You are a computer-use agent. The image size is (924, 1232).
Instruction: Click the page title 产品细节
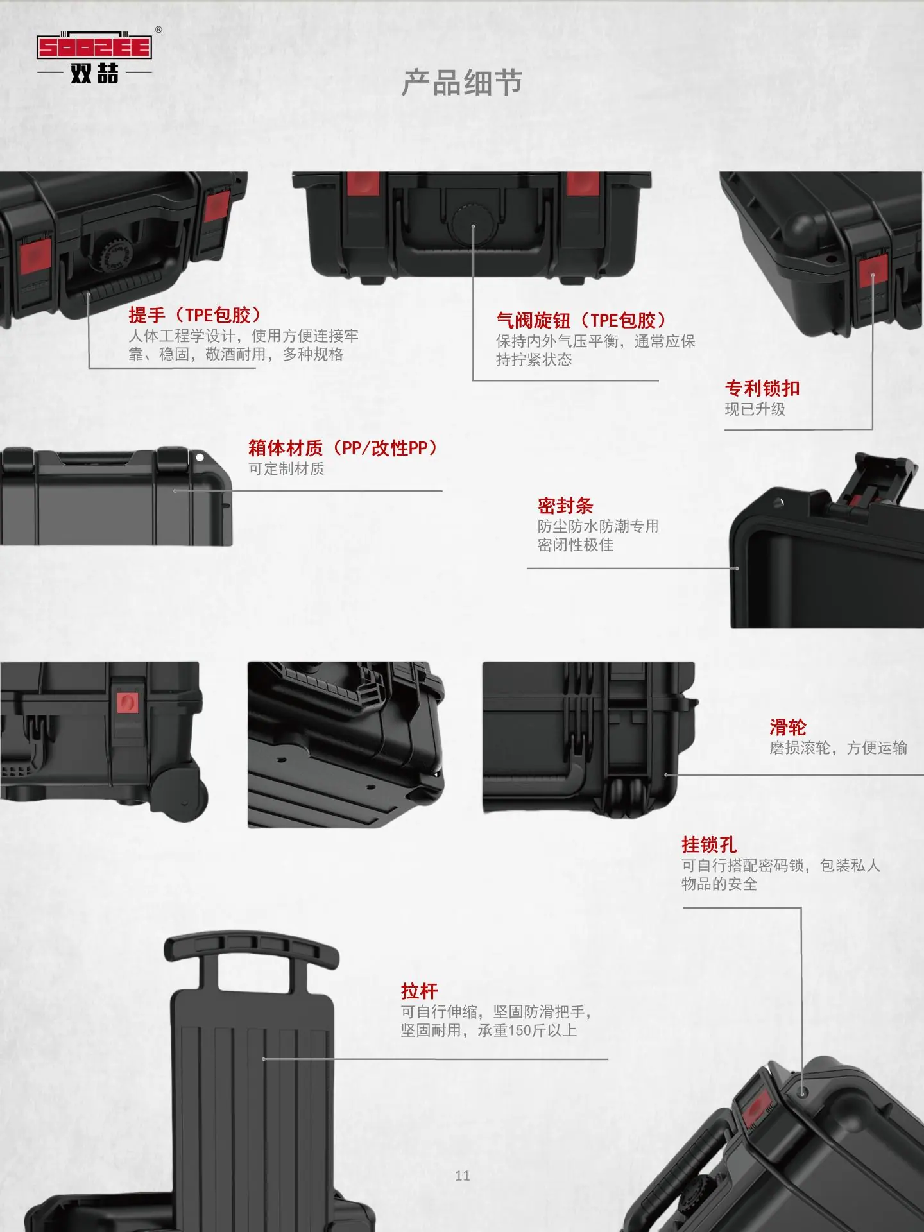point(462,83)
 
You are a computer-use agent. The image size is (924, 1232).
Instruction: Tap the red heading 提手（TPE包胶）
point(196,315)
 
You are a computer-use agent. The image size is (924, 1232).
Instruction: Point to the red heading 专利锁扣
point(762,388)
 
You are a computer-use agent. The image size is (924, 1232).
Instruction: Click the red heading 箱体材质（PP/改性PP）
point(344,448)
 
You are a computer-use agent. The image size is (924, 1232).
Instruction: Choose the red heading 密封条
point(565,506)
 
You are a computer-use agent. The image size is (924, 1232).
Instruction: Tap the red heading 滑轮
point(788,727)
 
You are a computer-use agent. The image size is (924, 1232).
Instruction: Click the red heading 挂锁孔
point(709,844)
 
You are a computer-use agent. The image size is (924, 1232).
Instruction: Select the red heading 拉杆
point(419,991)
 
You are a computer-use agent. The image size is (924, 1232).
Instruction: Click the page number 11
point(463,1176)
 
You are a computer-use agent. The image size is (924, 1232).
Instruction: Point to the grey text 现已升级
point(755,409)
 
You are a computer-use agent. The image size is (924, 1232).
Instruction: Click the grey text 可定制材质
point(287,469)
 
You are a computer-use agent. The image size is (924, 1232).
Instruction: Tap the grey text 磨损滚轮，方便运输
point(838,748)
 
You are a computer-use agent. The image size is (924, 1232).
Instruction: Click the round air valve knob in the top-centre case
point(473,225)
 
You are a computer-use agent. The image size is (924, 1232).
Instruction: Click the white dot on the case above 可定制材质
point(200,458)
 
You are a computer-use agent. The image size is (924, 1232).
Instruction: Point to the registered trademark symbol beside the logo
point(158,30)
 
